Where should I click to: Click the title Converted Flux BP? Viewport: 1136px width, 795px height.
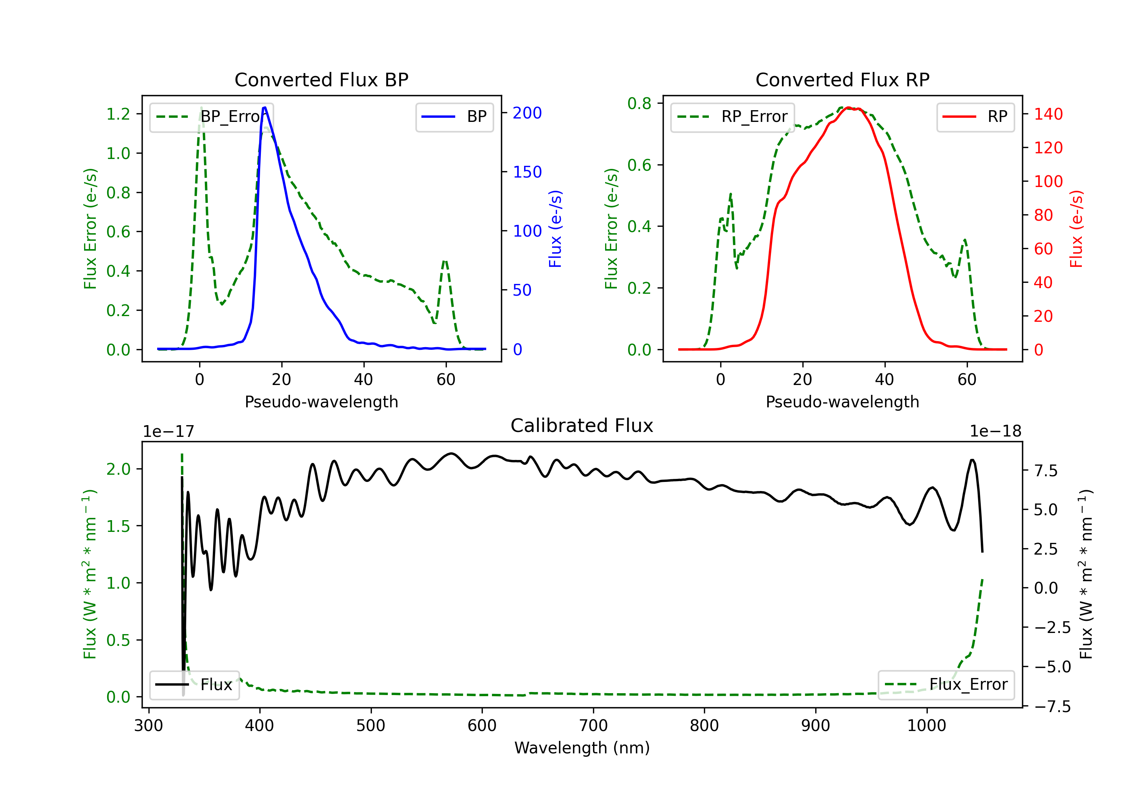[321, 79]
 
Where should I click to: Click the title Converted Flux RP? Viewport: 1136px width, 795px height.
[842, 79]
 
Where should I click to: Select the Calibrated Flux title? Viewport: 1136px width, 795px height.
[582, 426]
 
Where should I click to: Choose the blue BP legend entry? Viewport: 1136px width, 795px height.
[454, 117]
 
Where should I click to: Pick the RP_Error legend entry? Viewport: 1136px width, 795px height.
[732, 117]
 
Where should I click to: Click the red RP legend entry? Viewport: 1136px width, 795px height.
[975, 117]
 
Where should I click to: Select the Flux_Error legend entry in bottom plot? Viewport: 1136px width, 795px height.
[946, 685]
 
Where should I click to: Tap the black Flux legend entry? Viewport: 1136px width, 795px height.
[194, 685]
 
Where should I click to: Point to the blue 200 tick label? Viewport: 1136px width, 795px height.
[527, 113]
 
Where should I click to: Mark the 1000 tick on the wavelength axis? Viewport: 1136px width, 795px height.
[927, 725]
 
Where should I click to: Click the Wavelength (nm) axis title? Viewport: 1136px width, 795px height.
[582, 748]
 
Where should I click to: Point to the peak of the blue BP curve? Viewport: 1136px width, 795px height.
[265, 108]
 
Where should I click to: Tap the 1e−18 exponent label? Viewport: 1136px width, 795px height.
[995, 432]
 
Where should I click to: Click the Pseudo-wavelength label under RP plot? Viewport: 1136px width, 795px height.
[842, 402]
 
